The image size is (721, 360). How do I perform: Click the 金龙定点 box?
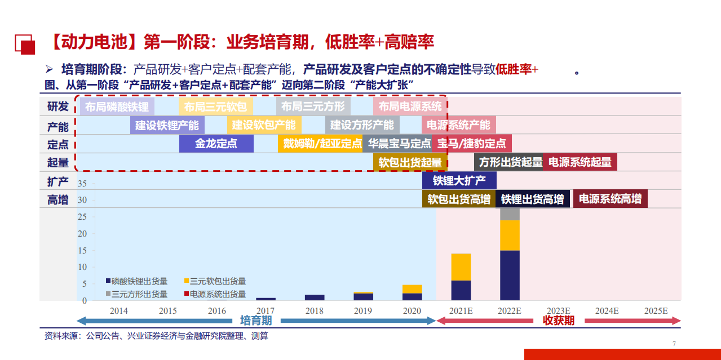[x=216, y=144]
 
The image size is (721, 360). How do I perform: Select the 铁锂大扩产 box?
[x=459, y=181]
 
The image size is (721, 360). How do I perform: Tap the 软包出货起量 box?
[x=410, y=162]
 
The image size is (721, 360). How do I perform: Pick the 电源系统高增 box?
[x=611, y=199]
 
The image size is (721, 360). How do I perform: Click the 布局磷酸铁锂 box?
[x=117, y=106]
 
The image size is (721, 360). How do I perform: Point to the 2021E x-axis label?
[x=461, y=311]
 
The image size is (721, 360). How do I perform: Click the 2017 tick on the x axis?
[x=266, y=311]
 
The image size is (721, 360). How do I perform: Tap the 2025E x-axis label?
[x=656, y=311]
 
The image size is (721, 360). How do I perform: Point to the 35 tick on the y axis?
[x=82, y=184]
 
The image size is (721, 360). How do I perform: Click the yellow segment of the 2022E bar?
[x=510, y=235]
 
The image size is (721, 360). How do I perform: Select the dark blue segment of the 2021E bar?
[x=461, y=290]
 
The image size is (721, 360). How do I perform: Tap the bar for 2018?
[x=315, y=297]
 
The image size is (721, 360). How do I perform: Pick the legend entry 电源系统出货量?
[x=218, y=294]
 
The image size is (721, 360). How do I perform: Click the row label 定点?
[x=58, y=144]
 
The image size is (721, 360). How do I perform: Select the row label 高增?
[x=58, y=199]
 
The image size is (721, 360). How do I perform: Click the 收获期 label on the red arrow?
[x=558, y=321]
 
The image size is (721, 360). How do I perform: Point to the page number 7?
[x=674, y=344]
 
